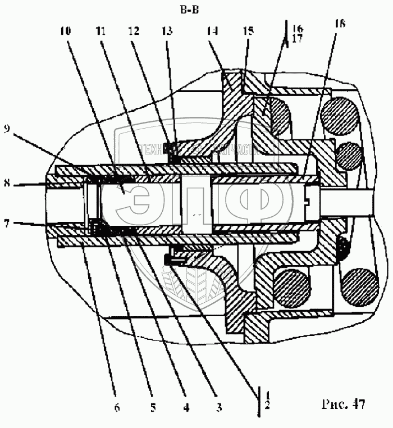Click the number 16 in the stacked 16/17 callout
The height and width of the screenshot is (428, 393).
297,28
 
